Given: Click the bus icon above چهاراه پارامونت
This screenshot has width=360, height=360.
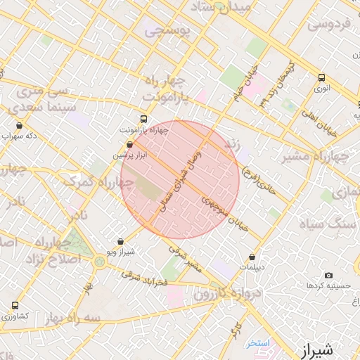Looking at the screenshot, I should [x=144, y=119].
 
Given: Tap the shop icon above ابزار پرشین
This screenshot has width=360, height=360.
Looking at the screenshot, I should [x=130, y=143].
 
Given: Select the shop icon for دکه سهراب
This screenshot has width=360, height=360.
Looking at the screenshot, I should [x=19, y=126].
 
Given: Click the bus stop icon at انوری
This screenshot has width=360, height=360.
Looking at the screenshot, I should [x=321, y=78].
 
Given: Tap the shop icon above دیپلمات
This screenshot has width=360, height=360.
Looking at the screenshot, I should [x=252, y=257].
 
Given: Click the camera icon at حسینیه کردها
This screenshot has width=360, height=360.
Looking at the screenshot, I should [x=328, y=276].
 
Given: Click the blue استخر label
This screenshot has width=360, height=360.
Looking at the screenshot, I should [x=257, y=343].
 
